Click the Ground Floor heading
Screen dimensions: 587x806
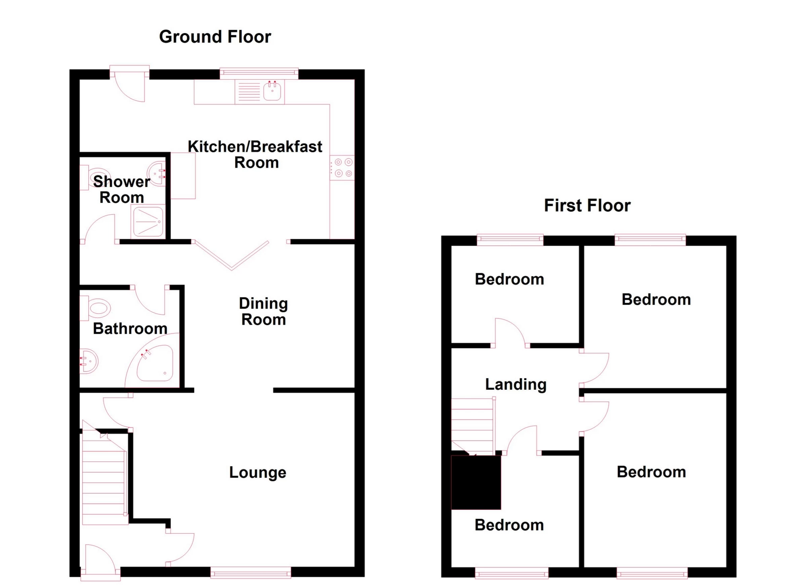tap(215, 37)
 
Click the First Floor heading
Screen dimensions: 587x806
tap(587, 206)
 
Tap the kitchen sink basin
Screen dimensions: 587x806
tap(272, 92)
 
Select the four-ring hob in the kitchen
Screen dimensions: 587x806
tap(343, 168)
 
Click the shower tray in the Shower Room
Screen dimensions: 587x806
tap(148, 221)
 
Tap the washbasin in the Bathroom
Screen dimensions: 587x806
tap(88, 361)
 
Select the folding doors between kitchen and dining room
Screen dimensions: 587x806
tap(231, 255)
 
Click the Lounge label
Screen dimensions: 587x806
tap(258, 472)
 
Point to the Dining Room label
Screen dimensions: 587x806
tap(263, 311)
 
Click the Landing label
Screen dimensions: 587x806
tap(515, 385)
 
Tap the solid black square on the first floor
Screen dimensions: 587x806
tap(476, 482)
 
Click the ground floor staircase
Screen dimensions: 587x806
tap(105, 482)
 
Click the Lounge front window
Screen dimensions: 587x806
tap(251, 574)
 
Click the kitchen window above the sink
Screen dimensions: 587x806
tap(259, 72)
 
